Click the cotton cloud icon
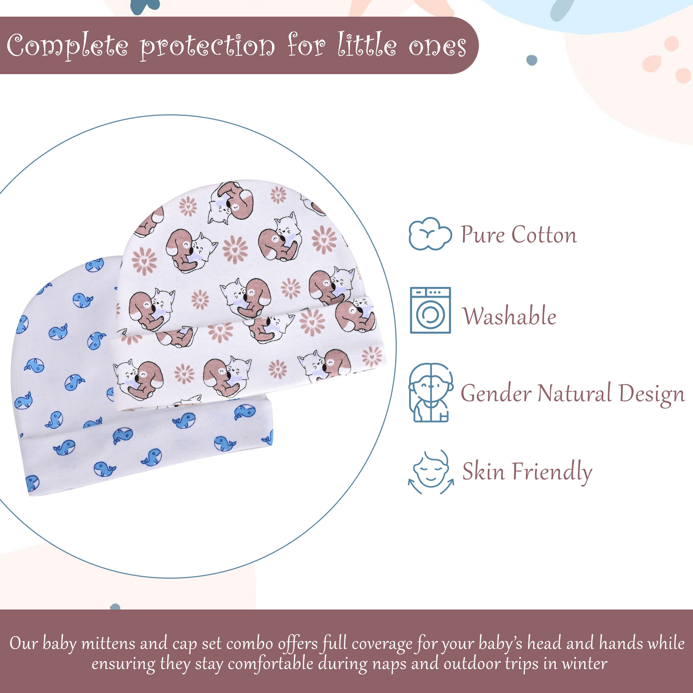430,234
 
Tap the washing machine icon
430,310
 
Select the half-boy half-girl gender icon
430,393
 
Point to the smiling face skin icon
430,472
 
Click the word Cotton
544,235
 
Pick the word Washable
509,316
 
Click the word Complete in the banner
68,47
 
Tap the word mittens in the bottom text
108,643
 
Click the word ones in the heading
438,47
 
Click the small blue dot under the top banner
532,60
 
